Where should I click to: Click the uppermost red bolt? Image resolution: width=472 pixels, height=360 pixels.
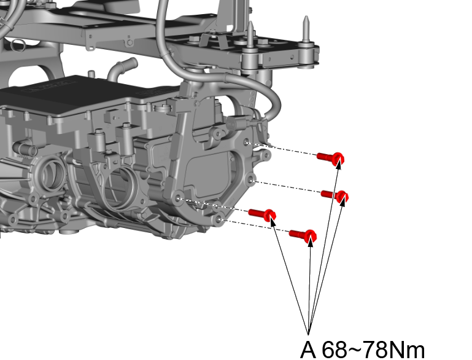[x=330, y=157]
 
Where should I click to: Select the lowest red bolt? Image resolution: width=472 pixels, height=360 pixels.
[x=303, y=235]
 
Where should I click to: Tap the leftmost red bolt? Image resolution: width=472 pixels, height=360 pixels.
[x=262, y=214]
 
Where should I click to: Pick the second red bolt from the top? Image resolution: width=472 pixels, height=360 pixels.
[x=335, y=196]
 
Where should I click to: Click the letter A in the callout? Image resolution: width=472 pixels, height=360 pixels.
[x=308, y=350]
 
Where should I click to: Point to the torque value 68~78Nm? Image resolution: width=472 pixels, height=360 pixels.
[x=373, y=350]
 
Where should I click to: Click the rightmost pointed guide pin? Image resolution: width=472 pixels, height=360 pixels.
[x=306, y=29]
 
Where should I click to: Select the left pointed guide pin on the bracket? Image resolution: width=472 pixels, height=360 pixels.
[x=250, y=34]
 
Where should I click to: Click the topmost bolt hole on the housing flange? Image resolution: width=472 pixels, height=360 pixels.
[x=247, y=142]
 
